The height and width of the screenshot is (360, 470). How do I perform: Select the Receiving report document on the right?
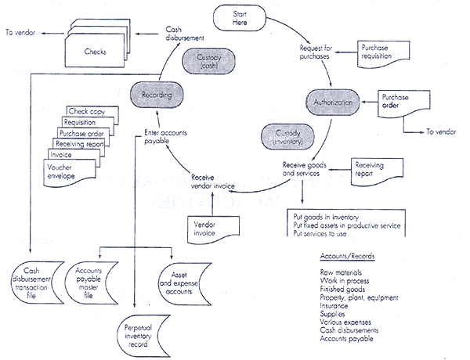point(375,171)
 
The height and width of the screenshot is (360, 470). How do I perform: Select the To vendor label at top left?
point(20,32)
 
